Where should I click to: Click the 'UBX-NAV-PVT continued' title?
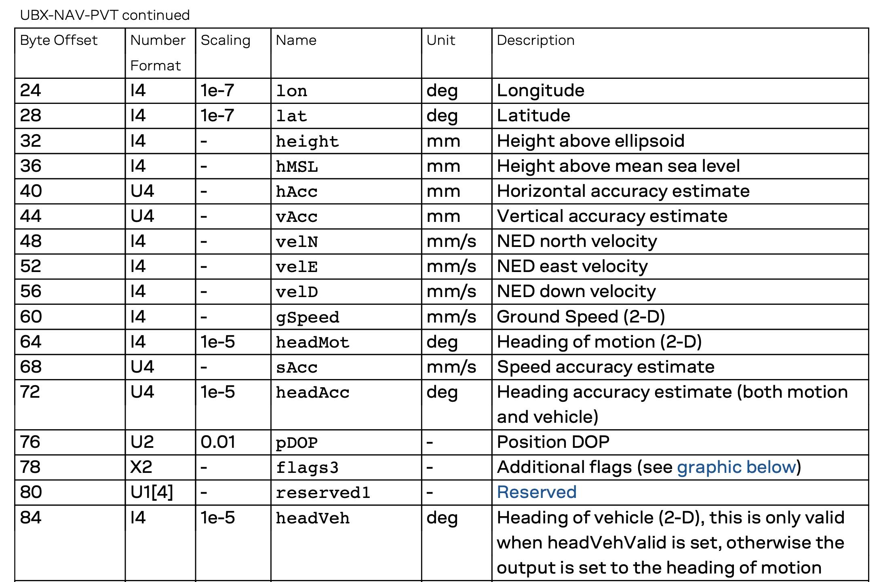(x=105, y=15)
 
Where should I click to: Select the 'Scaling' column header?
(x=225, y=40)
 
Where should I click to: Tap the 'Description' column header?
(x=535, y=40)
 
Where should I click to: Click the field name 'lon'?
(x=291, y=91)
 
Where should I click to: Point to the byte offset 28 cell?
(x=31, y=116)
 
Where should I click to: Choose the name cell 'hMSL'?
(x=297, y=167)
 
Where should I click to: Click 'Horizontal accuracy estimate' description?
(x=623, y=191)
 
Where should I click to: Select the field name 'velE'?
(x=297, y=267)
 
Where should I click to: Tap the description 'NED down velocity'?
(x=576, y=291)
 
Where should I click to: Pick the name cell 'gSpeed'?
(x=307, y=317)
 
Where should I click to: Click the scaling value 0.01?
(x=217, y=442)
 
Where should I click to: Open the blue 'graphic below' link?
(x=736, y=467)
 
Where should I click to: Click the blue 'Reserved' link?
(x=536, y=492)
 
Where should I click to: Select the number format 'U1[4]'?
(x=152, y=492)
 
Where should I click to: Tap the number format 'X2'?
(x=141, y=467)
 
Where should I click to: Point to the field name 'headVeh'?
(x=312, y=518)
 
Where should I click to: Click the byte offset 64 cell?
(x=31, y=342)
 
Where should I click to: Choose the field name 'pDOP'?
(x=297, y=443)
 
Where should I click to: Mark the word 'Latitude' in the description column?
(x=533, y=116)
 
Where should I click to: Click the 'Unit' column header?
(x=441, y=40)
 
